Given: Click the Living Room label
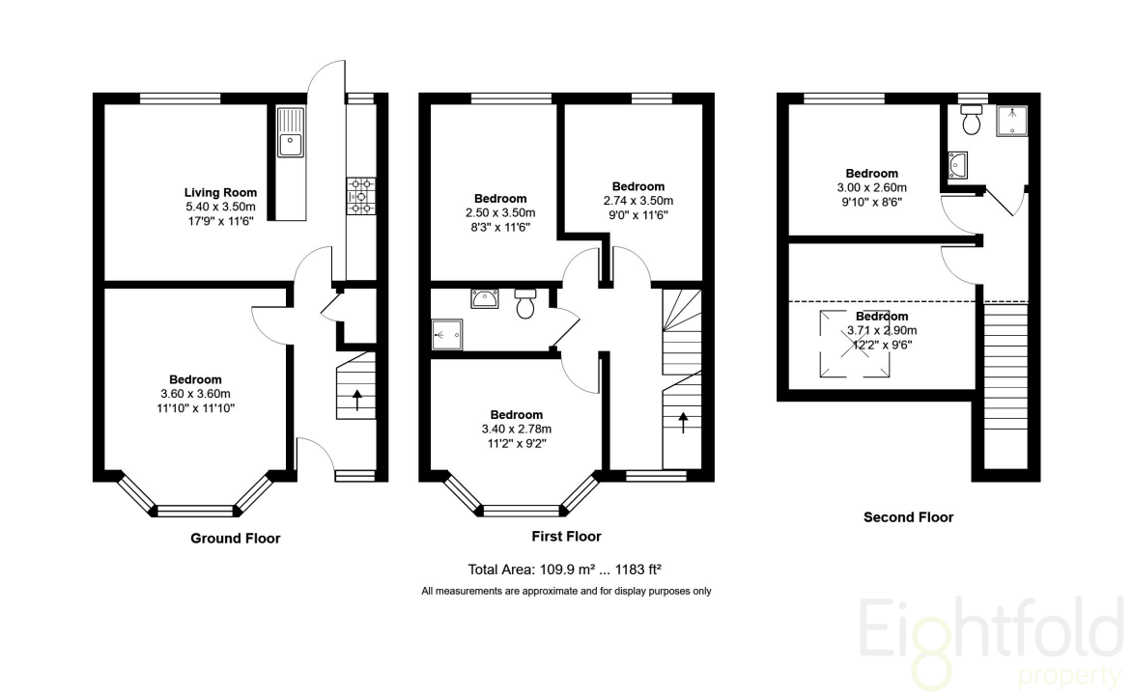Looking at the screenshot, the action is (220, 192).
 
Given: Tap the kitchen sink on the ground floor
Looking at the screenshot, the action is (291, 132).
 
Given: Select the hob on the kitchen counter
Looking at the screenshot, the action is (360, 196).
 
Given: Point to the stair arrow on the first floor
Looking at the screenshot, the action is (683, 422).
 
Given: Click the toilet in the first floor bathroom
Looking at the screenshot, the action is (525, 303).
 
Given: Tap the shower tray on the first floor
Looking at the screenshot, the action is (446, 335).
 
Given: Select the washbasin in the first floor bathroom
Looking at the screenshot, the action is (484, 298).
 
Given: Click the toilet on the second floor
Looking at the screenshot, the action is (972, 120).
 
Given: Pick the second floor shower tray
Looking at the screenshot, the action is (1011, 121).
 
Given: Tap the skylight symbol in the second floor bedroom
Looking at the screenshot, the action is (854, 344).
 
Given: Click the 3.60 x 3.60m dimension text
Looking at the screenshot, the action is (195, 394).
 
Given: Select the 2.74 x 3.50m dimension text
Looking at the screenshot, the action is (638, 200).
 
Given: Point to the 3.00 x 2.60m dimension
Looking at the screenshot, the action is (872, 188).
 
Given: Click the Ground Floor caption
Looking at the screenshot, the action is (236, 539).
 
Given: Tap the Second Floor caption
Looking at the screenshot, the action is (908, 517).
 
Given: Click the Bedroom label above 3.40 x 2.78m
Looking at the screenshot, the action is (516, 415).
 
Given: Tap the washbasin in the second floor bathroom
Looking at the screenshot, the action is (958, 165).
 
